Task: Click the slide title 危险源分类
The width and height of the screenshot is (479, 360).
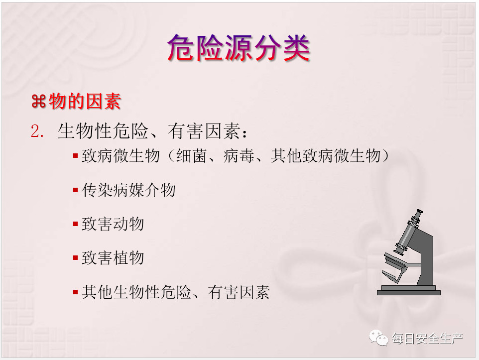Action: coord(239,48)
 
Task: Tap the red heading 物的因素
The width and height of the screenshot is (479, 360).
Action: coord(85,101)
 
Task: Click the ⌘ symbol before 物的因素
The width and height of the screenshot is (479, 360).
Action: coord(38,102)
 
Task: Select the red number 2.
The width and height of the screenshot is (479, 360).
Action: coord(37,131)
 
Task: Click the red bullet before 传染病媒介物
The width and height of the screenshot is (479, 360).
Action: coord(76,190)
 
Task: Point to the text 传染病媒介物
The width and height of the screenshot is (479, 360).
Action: coord(128,190)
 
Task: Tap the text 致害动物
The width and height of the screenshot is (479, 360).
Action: coord(113,224)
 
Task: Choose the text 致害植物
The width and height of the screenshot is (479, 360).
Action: coord(113,258)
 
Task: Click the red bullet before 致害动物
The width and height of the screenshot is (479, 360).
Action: coord(76,224)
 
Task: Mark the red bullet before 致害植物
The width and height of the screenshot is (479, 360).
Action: coord(76,258)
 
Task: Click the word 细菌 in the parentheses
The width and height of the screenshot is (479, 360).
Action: coord(192,156)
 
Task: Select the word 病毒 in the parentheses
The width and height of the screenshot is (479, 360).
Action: coord(239,156)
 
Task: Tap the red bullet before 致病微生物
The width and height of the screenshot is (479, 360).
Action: coord(76,156)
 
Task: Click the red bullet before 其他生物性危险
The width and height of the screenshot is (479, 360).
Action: coord(76,292)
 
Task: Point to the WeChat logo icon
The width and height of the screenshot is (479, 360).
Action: coord(378,338)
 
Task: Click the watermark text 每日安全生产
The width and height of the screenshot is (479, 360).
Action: coord(427,338)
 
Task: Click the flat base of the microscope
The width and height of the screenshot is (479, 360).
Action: coord(409,292)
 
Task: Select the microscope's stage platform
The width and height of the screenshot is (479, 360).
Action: coord(396,260)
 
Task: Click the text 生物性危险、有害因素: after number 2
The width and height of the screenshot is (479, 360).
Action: coord(152,131)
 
